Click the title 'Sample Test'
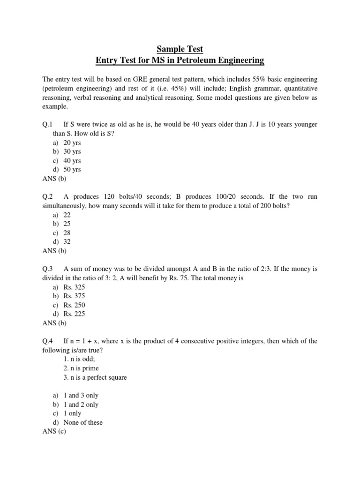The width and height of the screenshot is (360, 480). point(180,49)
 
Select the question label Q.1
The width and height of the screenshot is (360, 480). point(47,124)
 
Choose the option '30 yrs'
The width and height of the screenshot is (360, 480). point(72,151)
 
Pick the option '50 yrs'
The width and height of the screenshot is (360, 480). point(72,169)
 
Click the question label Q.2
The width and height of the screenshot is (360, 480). point(47,197)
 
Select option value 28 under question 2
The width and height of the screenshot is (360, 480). point(67,233)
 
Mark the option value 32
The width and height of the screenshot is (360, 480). point(67,242)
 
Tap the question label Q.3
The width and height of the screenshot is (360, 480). point(47,269)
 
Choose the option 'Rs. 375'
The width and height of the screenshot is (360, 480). point(74,296)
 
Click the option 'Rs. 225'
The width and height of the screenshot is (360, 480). point(74,314)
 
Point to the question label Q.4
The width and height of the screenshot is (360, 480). point(47,341)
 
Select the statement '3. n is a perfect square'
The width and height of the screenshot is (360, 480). point(95,377)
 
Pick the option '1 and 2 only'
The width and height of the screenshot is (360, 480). point(81,405)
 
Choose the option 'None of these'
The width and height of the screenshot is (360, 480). point(83,422)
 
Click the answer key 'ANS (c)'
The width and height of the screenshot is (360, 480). point(54,431)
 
